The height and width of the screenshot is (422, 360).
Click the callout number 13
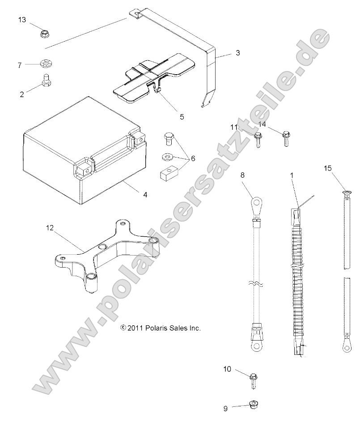click(x=22, y=20)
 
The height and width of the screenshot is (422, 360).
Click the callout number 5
click(x=169, y=117)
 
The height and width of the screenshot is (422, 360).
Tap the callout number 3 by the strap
click(x=237, y=53)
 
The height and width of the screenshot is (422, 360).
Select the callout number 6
click(x=193, y=158)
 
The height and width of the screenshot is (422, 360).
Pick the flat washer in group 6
click(x=167, y=157)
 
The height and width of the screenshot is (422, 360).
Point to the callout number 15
click(x=328, y=168)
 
